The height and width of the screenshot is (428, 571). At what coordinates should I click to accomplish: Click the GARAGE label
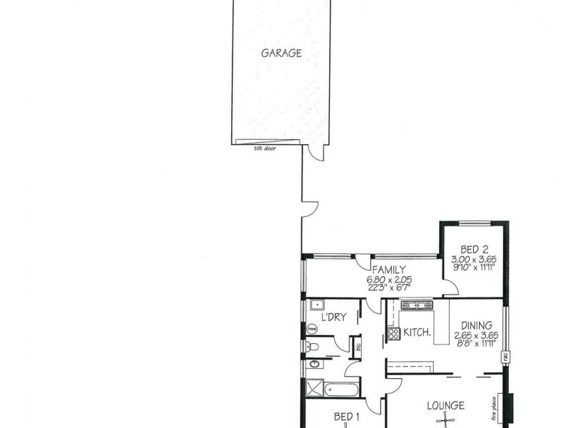point(281,53)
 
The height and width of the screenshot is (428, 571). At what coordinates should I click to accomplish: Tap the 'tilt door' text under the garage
point(265,148)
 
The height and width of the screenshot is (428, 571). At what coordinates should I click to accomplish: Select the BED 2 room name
point(474,249)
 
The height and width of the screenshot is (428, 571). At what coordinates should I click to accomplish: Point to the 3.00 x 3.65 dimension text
point(474,259)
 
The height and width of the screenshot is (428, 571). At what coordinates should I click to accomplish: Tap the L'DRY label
point(333,317)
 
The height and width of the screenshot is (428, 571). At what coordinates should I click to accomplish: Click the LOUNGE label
point(446,406)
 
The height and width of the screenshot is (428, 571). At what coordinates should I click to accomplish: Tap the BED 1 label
point(347,417)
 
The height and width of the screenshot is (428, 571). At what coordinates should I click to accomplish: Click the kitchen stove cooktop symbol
point(393,332)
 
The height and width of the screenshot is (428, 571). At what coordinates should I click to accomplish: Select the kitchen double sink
point(416,306)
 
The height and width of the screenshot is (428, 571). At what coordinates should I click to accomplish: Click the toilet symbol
point(310,347)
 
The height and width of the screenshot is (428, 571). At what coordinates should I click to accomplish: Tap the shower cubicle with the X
point(313,389)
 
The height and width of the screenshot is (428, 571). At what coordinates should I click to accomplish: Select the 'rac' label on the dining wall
point(505,355)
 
